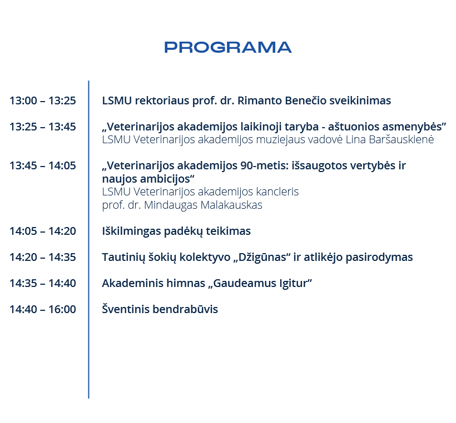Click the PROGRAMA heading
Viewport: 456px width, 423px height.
pyautogui.click(x=227, y=47)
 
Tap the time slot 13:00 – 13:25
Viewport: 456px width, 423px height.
pyautogui.click(x=43, y=100)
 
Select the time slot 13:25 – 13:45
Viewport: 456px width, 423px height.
pyautogui.click(x=43, y=127)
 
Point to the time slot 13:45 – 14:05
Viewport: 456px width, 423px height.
pyautogui.click(x=43, y=166)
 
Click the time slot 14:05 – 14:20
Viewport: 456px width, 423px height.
pyautogui.click(x=43, y=231)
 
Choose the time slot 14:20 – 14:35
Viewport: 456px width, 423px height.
pyautogui.click(x=43, y=257)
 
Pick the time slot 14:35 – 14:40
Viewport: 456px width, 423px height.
pyautogui.click(x=43, y=283)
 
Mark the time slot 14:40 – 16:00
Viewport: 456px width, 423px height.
pyautogui.click(x=43, y=310)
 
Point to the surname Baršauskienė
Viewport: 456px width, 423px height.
pyautogui.click(x=402, y=140)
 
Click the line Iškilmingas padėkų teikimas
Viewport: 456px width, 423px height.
pyautogui.click(x=176, y=231)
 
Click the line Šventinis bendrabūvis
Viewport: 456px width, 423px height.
pyautogui.click(x=160, y=309)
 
